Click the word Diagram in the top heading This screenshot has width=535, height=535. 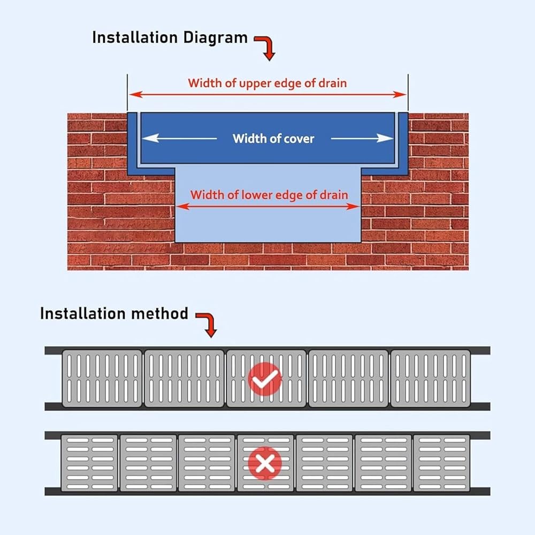pyautogui.click(x=215, y=38)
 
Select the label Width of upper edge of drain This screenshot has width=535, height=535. pyautogui.click(x=267, y=83)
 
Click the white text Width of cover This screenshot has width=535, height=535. pyautogui.click(x=273, y=139)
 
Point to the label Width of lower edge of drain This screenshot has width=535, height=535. pyautogui.click(x=269, y=195)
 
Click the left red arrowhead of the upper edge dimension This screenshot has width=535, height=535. pyautogui.click(x=136, y=95)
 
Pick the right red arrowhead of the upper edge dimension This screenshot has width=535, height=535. pyautogui.click(x=400, y=95)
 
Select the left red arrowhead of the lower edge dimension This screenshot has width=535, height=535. pyautogui.click(x=183, y=207)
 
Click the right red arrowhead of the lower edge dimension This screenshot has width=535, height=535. pyautogui.click(x=353, y=207)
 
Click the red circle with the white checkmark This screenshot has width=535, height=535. pyautogui.click(x=265, y=379)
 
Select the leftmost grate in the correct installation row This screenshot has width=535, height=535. pyautogui.click(x=102, y=378)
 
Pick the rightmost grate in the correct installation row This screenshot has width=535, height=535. pyautogui.click(x=431, y=378)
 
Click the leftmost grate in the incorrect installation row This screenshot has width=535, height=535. pyautogui.click(x=89, y=463)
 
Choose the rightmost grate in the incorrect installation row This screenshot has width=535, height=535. pyautogui.click(x=441, y=463)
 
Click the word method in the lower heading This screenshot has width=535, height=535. pyautogui.click(x=159, y=314)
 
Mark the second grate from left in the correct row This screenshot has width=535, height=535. pyautogui.click(x=184, y=378)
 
